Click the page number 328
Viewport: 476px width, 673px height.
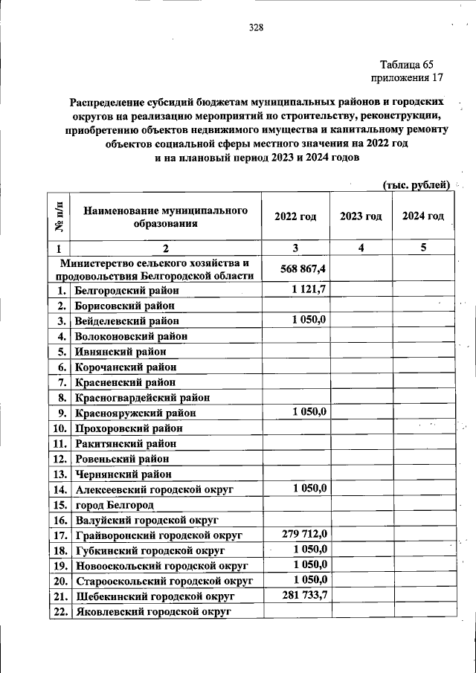coord(256,28)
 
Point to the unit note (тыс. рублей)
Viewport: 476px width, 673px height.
coord(416,184)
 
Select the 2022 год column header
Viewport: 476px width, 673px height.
coord(295,216)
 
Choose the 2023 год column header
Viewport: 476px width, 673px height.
coord(361,216)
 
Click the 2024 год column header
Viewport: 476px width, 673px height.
coord(423,216)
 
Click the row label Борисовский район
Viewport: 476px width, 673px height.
coord(126,305)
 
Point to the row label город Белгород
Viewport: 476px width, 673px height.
coord(115,505)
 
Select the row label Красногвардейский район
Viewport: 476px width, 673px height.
coord(143,397)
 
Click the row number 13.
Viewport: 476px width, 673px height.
coord(59,474)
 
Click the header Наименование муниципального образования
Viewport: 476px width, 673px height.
coord(166,216)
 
